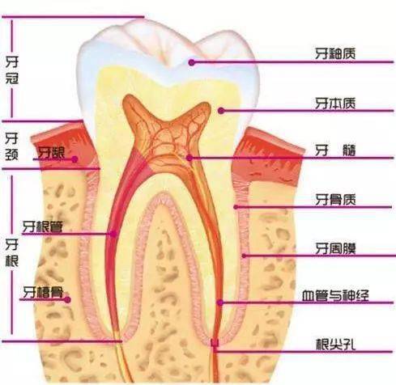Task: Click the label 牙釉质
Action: point(335,53)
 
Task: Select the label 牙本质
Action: point(335,104)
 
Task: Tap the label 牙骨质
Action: point(335,200)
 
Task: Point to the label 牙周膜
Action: point(335,248)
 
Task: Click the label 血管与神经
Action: point(335,295)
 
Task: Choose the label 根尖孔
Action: point(335,345)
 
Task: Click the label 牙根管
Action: point(42,226)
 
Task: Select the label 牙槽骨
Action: point(43,292)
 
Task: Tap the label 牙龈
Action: point(51,153)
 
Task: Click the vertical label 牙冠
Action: point(12,70)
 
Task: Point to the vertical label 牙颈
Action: point(12,147)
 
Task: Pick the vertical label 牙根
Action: point(12,252)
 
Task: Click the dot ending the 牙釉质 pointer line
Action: point(192,62)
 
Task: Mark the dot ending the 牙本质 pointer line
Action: point(221,111)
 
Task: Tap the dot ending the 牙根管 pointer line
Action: point(113,234)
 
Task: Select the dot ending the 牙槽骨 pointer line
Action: point(67,299)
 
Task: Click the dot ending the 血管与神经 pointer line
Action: point(220,302)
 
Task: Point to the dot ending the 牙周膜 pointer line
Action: point(244,256)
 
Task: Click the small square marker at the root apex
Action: point(215,343)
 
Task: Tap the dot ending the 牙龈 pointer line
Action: point(75,159)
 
